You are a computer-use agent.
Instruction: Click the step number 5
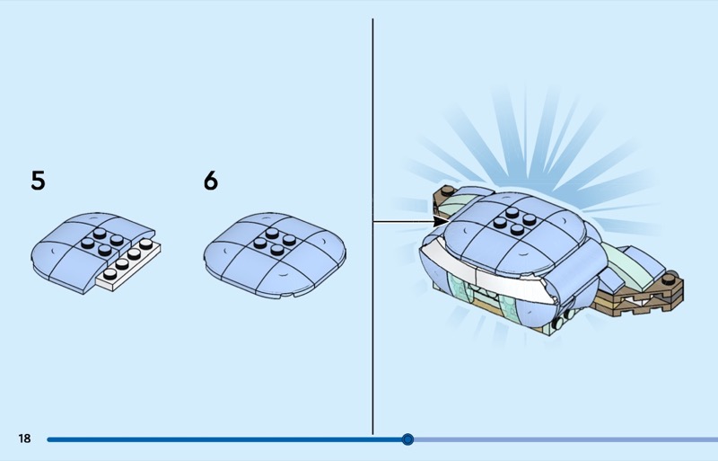(38, 181)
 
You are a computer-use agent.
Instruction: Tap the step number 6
(211, 181)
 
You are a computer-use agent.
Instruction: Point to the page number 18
(24, 439)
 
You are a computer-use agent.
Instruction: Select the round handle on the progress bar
(407, 439)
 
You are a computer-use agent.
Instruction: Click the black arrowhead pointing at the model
(442, 222)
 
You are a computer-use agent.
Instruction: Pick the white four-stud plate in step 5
(129, 265)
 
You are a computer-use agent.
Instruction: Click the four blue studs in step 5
(102, 242)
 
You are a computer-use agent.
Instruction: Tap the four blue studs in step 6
(275, 242)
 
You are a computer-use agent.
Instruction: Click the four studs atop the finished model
(515, 221)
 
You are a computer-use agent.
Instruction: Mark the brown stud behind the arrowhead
(447, 190)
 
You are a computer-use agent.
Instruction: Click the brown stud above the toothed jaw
(669, 278)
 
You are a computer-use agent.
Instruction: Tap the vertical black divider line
(372, 226)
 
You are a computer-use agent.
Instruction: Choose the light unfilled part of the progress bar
(565, 439)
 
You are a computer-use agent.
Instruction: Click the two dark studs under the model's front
(564, 318)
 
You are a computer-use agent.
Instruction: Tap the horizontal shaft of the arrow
(403, 222)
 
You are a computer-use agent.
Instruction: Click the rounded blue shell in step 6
(275, 254)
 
